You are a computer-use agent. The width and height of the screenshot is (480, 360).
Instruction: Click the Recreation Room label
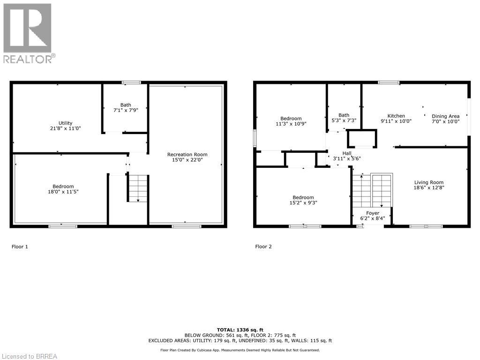pyautogui.click(x=187, y=154)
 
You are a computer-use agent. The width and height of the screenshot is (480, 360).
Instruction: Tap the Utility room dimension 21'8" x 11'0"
pyautogui.click(x=66, y=128)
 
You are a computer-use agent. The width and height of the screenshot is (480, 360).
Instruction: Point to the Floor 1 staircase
pyautogui.click(x=138, y=188)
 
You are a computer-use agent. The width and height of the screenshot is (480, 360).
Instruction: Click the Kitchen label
pyautogui.click(x=396, y=116)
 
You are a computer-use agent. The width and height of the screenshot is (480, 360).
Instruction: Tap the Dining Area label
pyautogui.click(x=445, y=116)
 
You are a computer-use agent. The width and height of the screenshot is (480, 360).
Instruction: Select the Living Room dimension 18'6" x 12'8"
pyautogui.click(x=428, y=188)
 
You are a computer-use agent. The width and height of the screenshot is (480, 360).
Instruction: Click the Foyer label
pyautogui.click(x=373, y=213)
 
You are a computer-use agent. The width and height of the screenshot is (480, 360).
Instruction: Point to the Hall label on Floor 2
pyautogui.click(x=347, y=153)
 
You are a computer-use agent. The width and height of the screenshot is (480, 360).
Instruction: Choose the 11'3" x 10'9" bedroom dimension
pyautogui.click(x=291, y=124)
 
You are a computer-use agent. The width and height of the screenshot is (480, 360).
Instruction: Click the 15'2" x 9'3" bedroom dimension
pyautogui.click(x=303, y=203)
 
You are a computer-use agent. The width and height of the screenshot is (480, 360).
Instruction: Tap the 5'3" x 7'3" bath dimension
pyautogui.click(x=344, y=120)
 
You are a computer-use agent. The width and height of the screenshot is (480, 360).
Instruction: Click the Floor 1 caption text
pyautogui.click(x=20, y=247)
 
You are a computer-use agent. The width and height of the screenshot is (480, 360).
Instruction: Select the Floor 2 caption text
pyautogui.click(x=263, y=247)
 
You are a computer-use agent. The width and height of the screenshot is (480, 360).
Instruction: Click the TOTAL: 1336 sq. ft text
pyautogui.click(x=240, y=330)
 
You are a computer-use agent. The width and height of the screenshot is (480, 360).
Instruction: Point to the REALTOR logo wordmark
pyautogui.click(x=29, y=59)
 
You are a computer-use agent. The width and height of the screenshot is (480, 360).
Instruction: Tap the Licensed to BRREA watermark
pyautogui.click(x=29, y=356)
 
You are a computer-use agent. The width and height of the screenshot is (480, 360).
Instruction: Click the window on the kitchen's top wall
pyautogui.click(x=389, y=83)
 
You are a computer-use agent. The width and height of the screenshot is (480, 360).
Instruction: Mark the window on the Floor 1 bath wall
pyautogui.click(x=131, y=83)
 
